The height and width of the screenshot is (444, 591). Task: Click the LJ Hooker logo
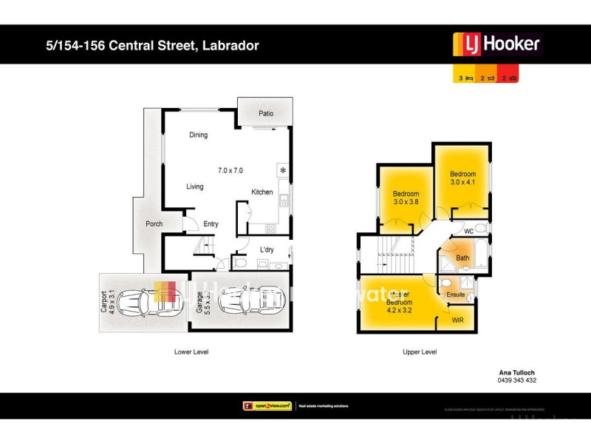[x=496, y=44]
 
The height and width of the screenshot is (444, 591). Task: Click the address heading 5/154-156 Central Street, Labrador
[x=151, y=46]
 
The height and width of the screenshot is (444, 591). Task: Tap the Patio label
[x=266, y=114]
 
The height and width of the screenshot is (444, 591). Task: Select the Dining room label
[x=198, y=135]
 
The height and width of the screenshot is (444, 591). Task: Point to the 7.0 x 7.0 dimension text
[x=230, y=171]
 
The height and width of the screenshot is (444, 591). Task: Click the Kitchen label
[x=262, y=192]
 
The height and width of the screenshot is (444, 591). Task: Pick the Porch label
[x=154, y=223]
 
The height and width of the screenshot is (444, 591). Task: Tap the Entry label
[x=211, y=224]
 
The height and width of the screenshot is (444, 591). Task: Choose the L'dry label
[x=267, y=250]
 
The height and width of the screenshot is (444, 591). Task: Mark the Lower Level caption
[x=191, y=351]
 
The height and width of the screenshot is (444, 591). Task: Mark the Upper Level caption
[x=420, y=351]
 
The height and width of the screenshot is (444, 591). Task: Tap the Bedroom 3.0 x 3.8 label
[x=406, y=198]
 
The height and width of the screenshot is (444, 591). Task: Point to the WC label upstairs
[x=468, y=232]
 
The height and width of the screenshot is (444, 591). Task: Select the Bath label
[x=462, y=258]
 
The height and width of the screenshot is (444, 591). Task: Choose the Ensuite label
[x=457, y=295]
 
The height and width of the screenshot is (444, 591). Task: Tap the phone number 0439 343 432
[x=517, y=380]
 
